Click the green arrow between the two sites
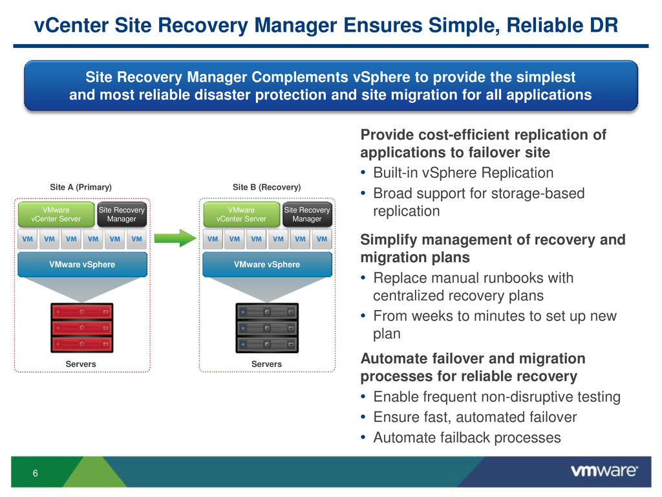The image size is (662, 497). point(175,238)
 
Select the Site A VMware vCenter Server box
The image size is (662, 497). point(56,214)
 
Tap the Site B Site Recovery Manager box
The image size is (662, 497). point(307,214)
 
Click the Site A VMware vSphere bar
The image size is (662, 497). point(82,265)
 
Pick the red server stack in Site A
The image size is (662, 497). point(82,327)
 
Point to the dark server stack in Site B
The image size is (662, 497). point(267,327)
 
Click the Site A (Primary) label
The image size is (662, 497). point(81,187)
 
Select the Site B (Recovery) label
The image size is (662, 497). point(267,187)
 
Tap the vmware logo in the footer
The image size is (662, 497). point(604,471)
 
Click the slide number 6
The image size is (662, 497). point(36,473)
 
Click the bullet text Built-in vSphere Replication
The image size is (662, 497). point(463,173)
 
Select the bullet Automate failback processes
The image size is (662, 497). point(467,437)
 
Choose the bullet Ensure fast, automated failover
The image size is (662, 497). point(475,417)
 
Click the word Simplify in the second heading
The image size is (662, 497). point(389,240)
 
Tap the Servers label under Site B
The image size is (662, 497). point(266,364)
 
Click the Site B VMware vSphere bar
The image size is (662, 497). point(267,265)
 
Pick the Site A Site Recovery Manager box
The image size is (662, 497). point(122,214)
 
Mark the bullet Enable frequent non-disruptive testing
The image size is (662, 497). point(497,397)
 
